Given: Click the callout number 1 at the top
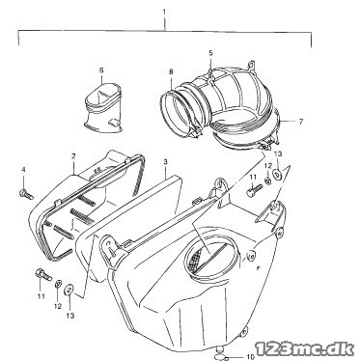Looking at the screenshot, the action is tap(164, 13).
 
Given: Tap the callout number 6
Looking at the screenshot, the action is tap(101, 70).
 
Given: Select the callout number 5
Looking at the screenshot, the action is tap(210, 53).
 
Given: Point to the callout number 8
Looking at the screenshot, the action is tap(171, 71).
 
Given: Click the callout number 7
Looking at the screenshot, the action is tap(301, 122).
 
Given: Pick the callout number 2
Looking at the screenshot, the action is tap(73, 156).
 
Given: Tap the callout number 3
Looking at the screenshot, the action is tap(165, 161).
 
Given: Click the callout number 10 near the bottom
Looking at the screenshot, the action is tap(251, 356).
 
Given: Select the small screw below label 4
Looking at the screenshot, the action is tap(26, 194).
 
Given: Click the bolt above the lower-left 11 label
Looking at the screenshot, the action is tap(42, 274).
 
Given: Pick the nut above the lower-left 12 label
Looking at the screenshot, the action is tap(58, 284).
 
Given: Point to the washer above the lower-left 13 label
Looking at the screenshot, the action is tap(69, 290).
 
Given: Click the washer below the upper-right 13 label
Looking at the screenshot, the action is tap(277, 174).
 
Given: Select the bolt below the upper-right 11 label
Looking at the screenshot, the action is tap(254, 190).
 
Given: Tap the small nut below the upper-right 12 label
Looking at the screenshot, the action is tap(267, 180).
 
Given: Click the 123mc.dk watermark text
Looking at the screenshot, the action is tap(305, 348).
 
